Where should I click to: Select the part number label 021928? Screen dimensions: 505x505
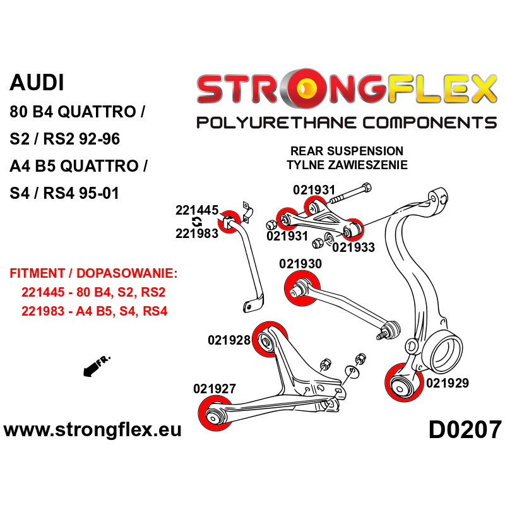229,340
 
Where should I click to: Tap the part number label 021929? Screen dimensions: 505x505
447,383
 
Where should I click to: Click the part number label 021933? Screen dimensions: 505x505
353,247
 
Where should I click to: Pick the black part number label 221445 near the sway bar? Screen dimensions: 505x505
196,210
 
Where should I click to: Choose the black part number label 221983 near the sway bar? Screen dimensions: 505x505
196,234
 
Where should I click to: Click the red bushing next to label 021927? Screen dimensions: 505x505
215,414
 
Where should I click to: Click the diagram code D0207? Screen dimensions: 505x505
465,431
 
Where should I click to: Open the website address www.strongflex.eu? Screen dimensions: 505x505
93,430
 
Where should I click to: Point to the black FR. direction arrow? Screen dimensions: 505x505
95,366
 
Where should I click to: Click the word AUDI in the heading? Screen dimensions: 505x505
37,82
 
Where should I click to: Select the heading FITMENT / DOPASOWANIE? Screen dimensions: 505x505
93,275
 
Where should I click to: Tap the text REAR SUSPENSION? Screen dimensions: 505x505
346,151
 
